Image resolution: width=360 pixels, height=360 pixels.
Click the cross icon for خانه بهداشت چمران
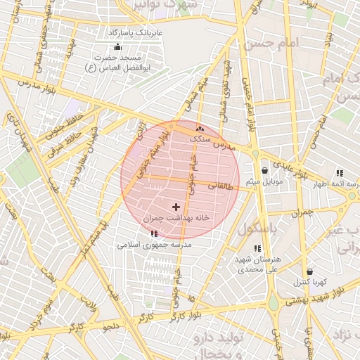[176, 206]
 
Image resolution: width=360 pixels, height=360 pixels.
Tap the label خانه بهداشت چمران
[176, 218]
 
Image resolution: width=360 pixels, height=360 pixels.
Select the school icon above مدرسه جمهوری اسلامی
[154, 233]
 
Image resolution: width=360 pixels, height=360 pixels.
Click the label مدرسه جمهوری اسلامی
[154, 245]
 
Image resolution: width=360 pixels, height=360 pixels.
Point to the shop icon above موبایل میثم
[264, 170]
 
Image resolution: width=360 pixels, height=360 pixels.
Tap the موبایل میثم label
[264, 181]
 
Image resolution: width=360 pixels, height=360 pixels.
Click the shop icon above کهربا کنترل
[309, 271]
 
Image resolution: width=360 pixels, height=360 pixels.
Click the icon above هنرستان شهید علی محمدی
[257, 247]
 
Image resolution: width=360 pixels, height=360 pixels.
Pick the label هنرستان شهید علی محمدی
[258, 264]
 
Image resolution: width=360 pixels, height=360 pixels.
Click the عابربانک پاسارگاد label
[135, 33]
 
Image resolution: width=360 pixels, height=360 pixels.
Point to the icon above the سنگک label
[200, 129]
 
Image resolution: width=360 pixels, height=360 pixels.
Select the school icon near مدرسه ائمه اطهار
[340, 172]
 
